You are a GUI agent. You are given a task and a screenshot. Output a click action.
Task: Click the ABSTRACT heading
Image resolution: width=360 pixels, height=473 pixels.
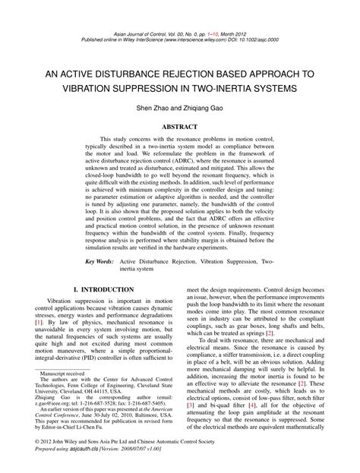(180, 128)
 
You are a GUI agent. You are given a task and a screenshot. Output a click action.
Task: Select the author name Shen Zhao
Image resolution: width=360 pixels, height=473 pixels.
(154, 109)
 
